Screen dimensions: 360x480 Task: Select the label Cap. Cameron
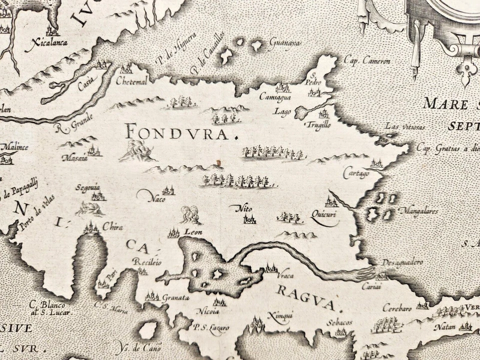[367, 60]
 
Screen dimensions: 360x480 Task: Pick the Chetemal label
[129, 81]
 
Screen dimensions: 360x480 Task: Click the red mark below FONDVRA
[218, 163]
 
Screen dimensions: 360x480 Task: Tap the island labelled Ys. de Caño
[148, 330]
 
